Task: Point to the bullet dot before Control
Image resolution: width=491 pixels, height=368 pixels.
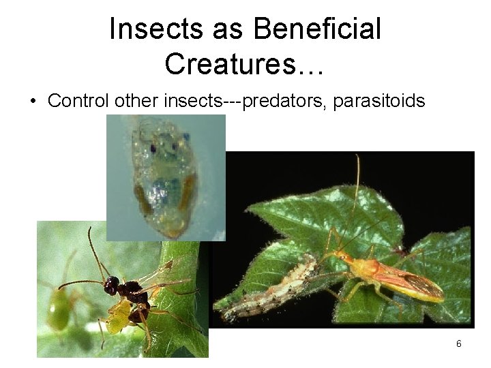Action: [32, 102]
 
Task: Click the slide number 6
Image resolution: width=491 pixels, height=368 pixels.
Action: [459, 344]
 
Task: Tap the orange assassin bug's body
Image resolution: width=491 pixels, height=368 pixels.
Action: [382, 273]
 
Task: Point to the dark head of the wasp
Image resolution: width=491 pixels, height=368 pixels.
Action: [111, 285]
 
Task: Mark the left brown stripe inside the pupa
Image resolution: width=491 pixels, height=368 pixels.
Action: [141, 198]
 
